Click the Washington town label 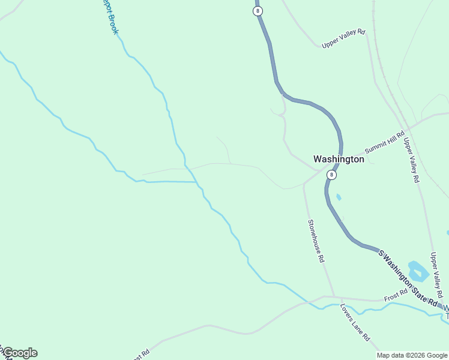point(339,160)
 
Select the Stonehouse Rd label point(316,241)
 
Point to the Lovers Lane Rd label point(355,322)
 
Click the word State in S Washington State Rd point(414,283)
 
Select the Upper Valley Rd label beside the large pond point(436,275)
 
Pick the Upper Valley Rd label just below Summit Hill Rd point(411,160)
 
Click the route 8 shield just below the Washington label point(331,175)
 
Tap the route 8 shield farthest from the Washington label point(258,11)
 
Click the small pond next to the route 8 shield point(339,197)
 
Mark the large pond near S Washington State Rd point(418,271)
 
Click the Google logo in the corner point(20,353)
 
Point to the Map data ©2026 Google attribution point(412,355)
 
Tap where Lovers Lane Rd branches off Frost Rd point(341,298)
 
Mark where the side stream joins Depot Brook point(197,182)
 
